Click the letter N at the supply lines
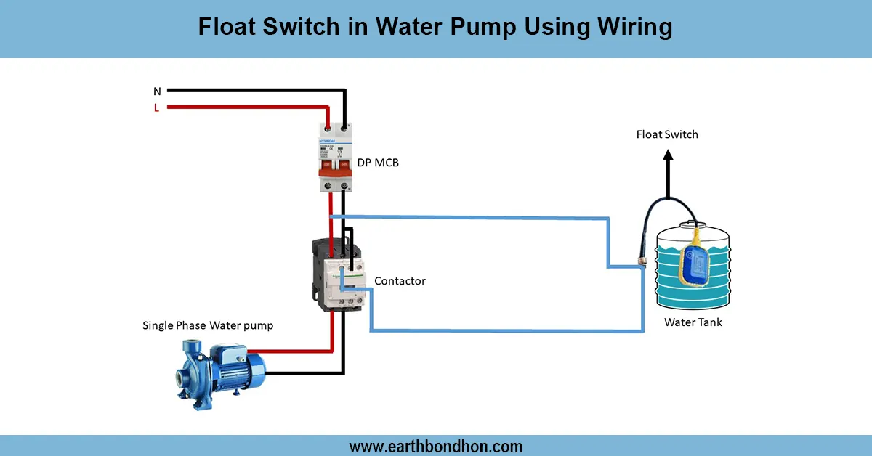tap(157, 91)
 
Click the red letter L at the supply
tap(156, 108)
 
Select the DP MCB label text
tap(377, 163)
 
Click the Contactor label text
tap(400, 280)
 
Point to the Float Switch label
tap(667, 134)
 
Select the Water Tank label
tap(693, 322)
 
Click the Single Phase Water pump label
tap(208, 325)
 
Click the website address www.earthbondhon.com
tap(436, 446)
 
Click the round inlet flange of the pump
tap(182, 378)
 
